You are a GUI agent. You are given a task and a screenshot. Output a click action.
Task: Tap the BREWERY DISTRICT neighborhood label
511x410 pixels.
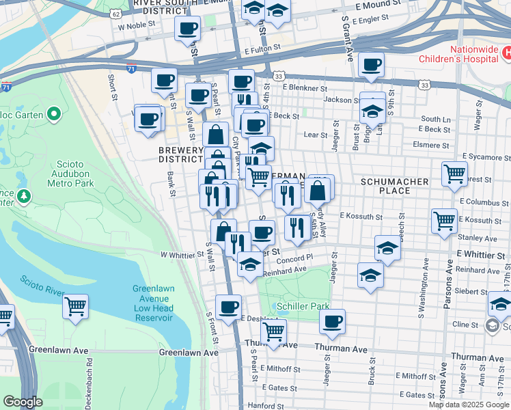click(180, 154)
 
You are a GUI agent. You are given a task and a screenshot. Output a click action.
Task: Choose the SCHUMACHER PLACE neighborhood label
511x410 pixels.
click(394, 186)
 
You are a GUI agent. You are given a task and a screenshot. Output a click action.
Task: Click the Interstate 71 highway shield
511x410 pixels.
click(131, 69)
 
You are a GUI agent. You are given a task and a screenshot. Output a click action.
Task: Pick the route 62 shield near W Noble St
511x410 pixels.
click(115, 14)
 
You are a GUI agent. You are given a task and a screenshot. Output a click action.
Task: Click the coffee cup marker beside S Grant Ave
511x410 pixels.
click(371, 65)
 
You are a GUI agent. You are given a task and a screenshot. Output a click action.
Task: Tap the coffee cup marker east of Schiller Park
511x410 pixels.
click(332, 321)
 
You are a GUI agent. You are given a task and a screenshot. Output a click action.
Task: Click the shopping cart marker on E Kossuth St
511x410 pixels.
click(444, 221)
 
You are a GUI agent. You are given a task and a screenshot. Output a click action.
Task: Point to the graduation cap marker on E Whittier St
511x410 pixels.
click(387, 248)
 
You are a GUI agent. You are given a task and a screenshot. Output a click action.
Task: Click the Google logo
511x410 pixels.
click(23, 402)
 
